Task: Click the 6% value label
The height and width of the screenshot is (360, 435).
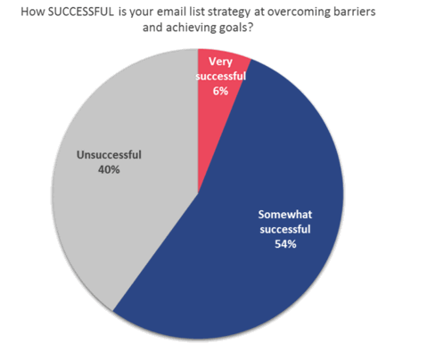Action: point(220,91)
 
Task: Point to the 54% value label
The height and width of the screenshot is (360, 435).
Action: point(285,244)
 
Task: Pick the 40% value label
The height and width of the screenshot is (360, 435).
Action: point(109,170)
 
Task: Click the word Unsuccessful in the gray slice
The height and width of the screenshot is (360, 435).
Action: point(109,155)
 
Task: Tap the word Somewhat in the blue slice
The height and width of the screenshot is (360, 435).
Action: point(285,215)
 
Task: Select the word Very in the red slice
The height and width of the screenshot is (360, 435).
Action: point(220,61)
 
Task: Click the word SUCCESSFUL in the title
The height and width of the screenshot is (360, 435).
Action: point(81,12)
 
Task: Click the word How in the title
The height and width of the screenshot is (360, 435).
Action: point(32,12)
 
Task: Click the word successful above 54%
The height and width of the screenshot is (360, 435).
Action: point(285,229)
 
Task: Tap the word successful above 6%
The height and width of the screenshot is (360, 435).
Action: point(221,77)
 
